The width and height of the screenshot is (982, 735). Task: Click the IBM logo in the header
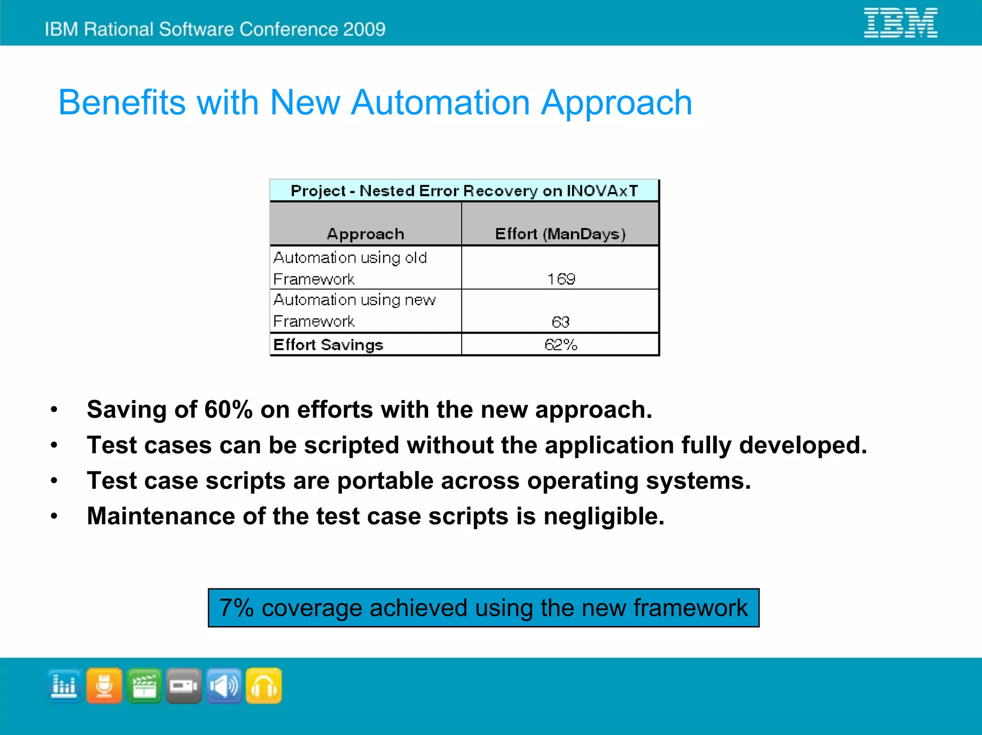coord(900,23)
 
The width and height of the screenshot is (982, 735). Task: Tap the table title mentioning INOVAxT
coord(464,191)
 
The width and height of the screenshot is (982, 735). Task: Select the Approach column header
coord(365,234)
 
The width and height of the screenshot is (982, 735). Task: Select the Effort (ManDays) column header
coord(560,234)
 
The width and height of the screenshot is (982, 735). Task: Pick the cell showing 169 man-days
coord(561,279)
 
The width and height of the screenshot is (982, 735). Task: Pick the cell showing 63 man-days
coord(560,322)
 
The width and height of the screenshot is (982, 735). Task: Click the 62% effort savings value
coord(561,345)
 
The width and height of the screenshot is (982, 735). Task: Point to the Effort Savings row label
coord(328,345)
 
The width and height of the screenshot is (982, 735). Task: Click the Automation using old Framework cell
coord(350,268)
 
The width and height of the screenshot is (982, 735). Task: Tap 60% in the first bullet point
coord(228,410)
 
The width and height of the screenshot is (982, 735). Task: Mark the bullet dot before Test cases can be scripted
coord(54,446)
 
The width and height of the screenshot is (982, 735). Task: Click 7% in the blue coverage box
coord(236,608)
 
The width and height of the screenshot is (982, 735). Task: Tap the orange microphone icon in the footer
coord(104,686)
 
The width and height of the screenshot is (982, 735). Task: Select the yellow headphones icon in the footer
coord(264,686)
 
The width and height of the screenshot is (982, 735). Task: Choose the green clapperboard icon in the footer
coord(144,686)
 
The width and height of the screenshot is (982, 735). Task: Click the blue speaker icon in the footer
coord(224,686)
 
